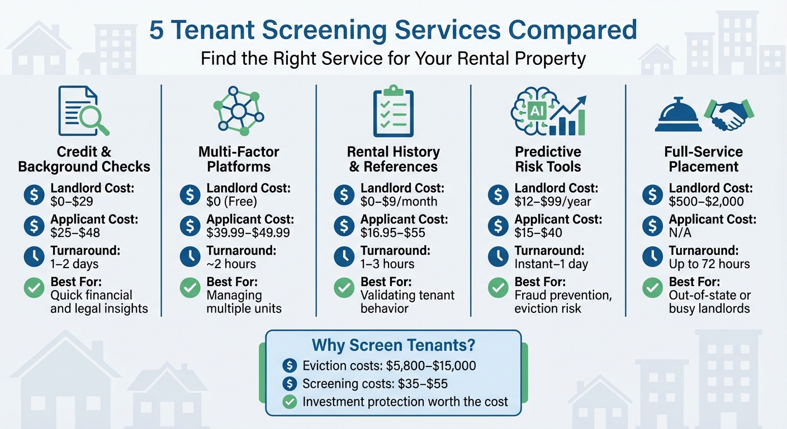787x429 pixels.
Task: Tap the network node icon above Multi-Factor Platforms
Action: (239, 110)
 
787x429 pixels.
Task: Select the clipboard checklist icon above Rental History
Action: (393, 111)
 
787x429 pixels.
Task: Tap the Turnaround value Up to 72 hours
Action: (709, 264)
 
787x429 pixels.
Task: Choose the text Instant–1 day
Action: (551, 264)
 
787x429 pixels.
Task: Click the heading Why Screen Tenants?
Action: (393, 345)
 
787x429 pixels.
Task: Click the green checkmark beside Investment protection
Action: (290, 401)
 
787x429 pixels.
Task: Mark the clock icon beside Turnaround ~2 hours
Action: (190, 257)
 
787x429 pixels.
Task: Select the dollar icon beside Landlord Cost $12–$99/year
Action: (498, 195)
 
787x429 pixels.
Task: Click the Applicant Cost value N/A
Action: (680, 233)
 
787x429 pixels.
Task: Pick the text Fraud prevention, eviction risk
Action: (563, 302)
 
